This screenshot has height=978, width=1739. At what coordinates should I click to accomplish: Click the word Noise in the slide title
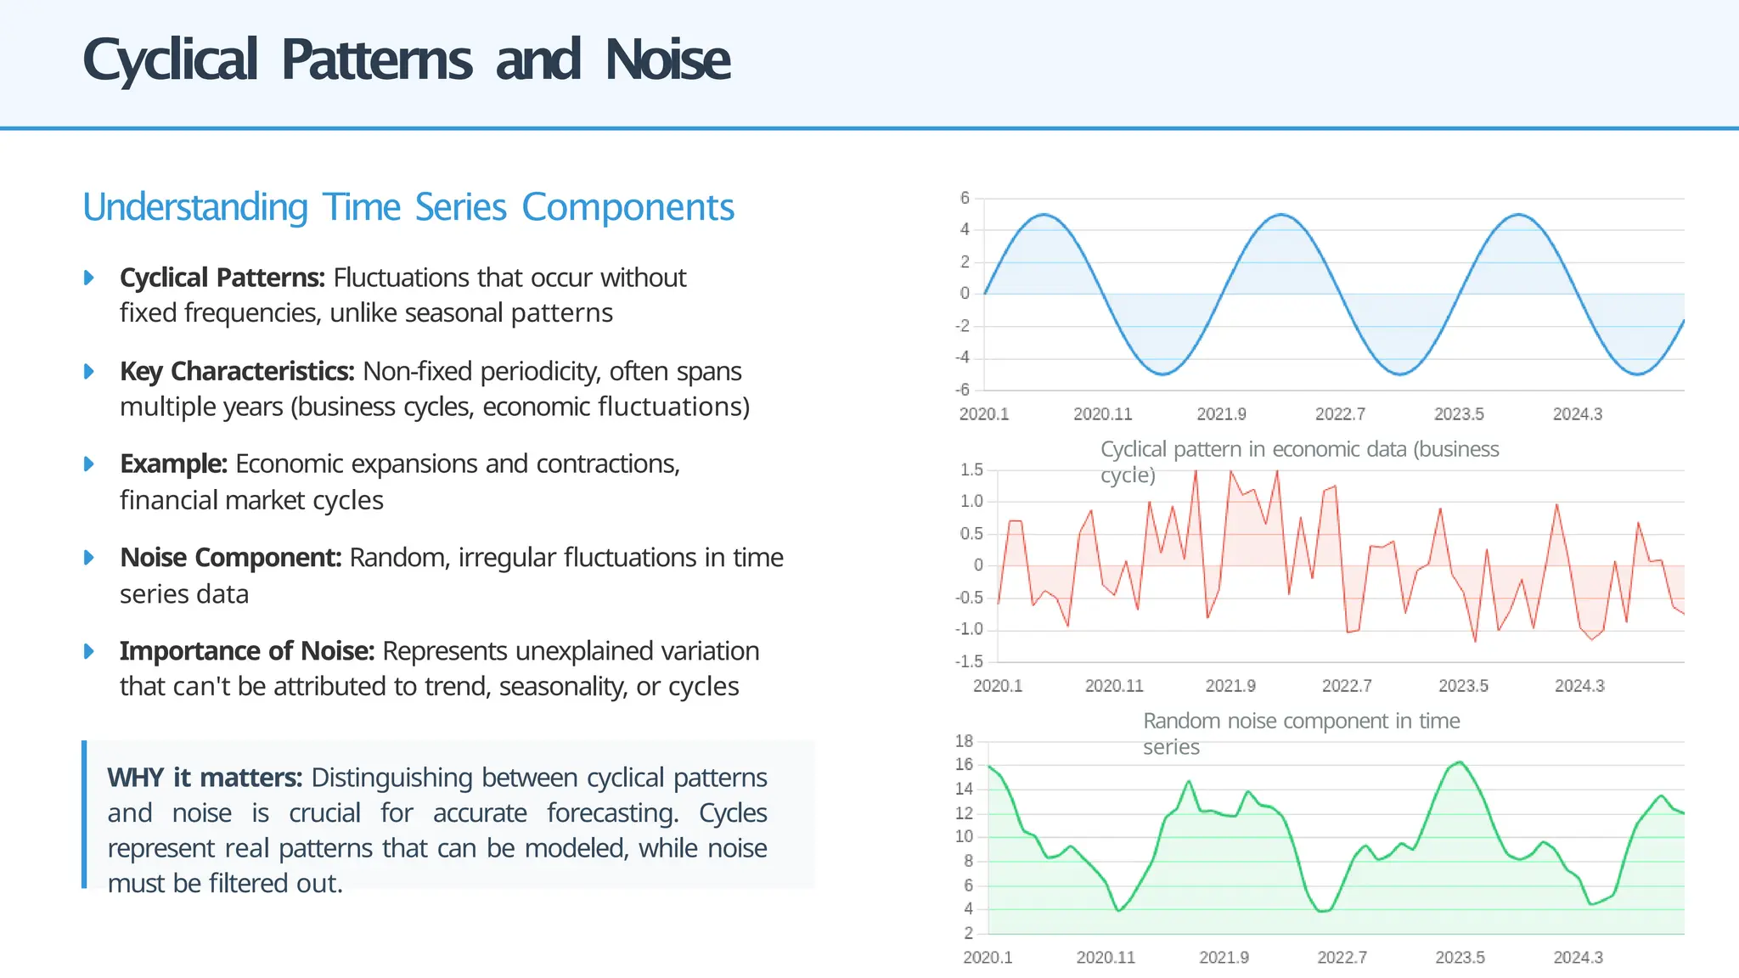tap(667, 60)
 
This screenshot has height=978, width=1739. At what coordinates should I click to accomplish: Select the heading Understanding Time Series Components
tap(408, 207)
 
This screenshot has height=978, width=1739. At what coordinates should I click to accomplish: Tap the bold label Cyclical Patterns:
tap(222, 278)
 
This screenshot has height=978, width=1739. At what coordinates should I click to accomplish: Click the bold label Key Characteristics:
tap(237, 371)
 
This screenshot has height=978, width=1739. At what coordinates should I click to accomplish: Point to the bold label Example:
tap(173, 464)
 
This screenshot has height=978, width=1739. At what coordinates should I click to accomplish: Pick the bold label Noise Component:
tap(230, 558)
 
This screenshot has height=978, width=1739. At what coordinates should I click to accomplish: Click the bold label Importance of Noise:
tap(246, 651)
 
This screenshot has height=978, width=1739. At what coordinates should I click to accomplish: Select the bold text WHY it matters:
tap(205, 778)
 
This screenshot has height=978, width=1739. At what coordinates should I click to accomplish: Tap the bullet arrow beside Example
tap(89, 464)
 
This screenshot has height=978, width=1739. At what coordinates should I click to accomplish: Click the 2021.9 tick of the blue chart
tap(1221, 414)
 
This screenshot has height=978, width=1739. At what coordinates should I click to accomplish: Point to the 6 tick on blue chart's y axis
tap(965, 198)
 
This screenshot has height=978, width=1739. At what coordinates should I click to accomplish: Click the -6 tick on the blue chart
tap(962, 390)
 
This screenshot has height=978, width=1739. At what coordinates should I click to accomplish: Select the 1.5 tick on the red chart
tap(971, 469)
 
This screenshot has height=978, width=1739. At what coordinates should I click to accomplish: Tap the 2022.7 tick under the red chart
tap(1347, 686)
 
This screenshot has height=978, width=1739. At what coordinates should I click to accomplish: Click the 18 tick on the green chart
tap(964, 741)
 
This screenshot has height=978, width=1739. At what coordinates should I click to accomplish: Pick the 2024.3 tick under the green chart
tap(1578, 958)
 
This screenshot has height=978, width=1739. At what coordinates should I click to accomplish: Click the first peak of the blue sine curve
tap(1044, 215)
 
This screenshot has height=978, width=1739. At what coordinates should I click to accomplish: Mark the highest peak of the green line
tap(1460, 762)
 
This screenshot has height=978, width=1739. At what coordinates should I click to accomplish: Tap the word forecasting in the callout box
tap(611, 813)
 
